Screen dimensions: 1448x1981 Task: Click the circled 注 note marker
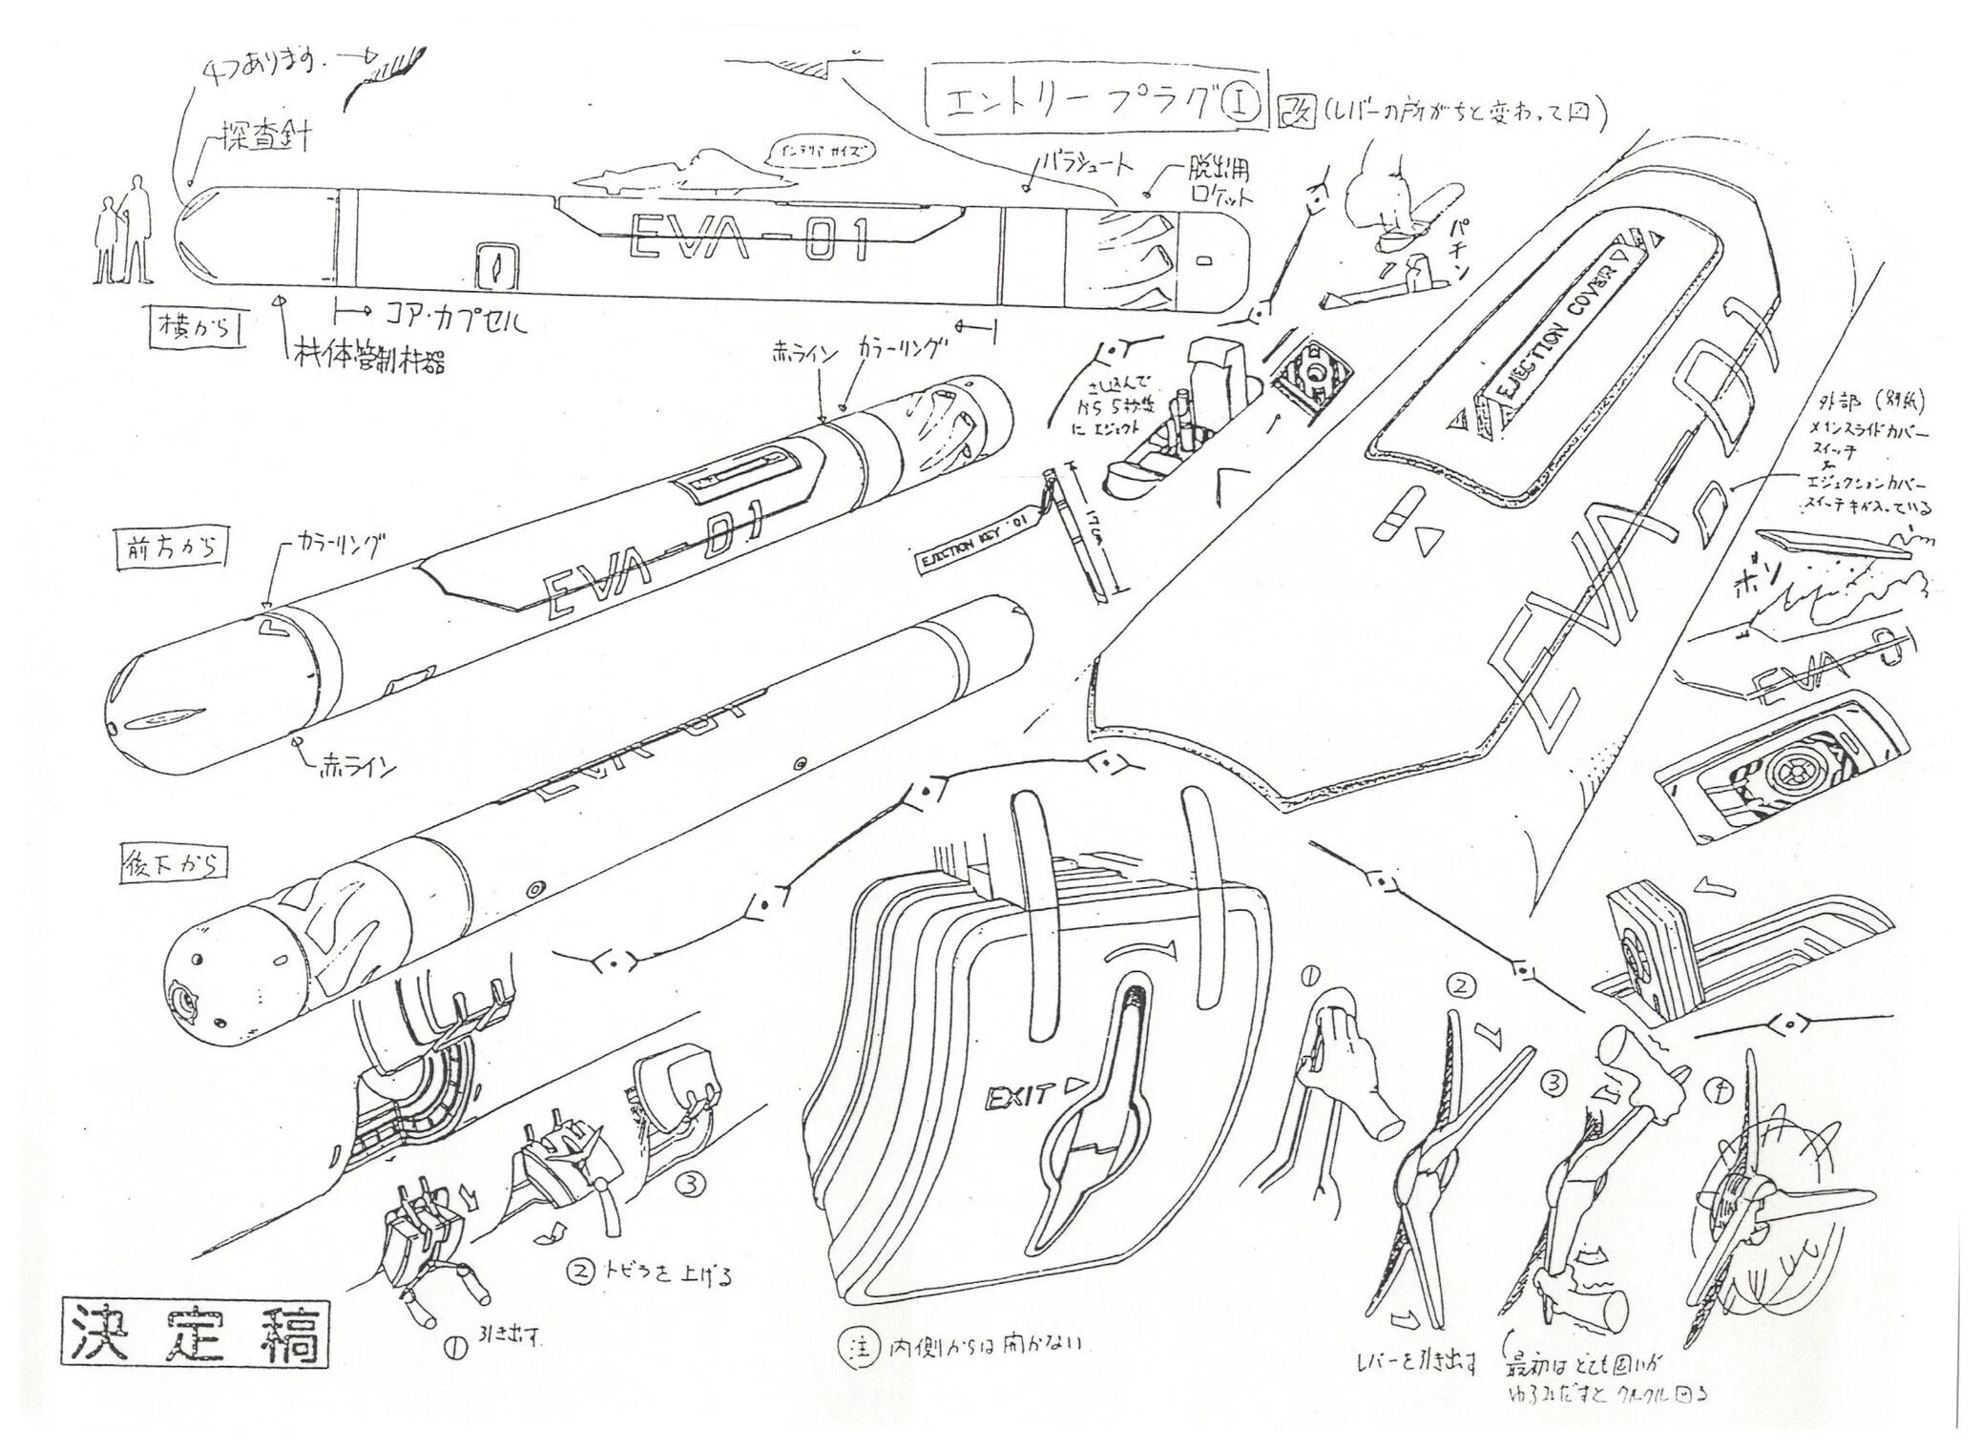point(852,1345)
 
